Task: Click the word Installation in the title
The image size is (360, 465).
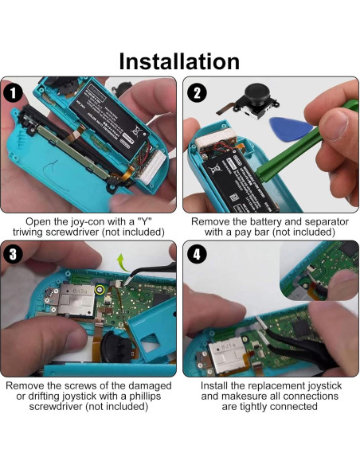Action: (x=179, y=61)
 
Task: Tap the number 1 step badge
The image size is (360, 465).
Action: (x=12, y=92)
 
